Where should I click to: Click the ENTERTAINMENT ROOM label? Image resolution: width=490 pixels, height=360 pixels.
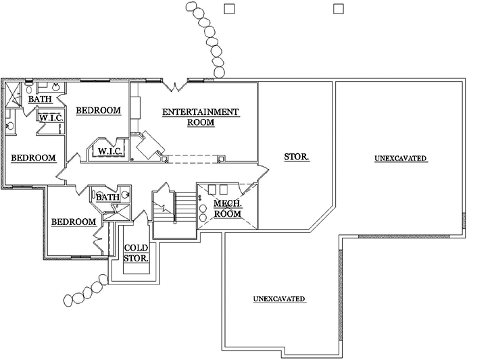[201, 117]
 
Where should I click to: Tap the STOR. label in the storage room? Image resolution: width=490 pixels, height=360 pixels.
[297, 157]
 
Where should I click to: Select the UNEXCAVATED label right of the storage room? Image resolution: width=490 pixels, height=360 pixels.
[400, 159]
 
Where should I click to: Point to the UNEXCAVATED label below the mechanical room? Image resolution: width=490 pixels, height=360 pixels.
[279, 299]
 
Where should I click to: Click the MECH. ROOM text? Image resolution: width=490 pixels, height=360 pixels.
[227, 209]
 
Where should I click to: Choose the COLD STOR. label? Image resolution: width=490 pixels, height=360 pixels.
[136, 253]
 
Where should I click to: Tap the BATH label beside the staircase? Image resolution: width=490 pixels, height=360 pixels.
[107, 197]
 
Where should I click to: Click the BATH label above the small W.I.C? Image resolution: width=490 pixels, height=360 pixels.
[39, 100]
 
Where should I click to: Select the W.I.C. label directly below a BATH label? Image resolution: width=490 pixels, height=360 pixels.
[51, 118]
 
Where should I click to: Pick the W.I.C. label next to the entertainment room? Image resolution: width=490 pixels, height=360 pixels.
[109, 151]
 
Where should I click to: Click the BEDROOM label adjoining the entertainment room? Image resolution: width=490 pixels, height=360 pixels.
[98, 111]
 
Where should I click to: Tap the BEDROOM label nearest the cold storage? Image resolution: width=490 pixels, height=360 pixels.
[74, 222]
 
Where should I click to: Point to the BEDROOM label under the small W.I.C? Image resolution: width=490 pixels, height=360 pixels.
[33, 158]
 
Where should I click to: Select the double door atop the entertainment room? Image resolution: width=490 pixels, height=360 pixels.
[176, 86]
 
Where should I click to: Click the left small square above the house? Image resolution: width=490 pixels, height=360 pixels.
[228, 8]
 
